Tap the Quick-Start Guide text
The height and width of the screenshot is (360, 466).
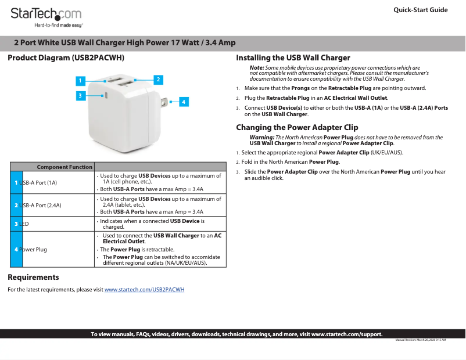[x=420, y=10]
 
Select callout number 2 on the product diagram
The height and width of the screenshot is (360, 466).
[x=157, y=79]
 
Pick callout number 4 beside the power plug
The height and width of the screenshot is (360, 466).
[x=183, y=102]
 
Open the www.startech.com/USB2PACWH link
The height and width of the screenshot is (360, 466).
[x=144, y=289]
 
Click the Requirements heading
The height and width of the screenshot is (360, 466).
[x=33, y=277]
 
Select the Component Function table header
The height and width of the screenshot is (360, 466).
[x=64, y=167]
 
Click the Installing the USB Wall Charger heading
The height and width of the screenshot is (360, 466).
[x=293, y=57]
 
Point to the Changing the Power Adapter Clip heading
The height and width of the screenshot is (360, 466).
[x=297, y=127]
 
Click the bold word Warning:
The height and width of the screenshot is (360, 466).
[x=261, y=138]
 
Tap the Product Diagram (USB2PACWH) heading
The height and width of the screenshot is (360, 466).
[x=66, y=58]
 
